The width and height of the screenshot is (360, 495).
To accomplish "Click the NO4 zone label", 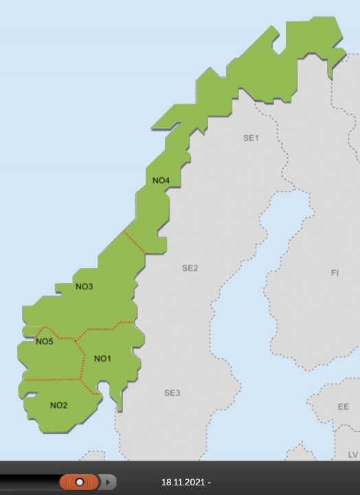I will (161, 181).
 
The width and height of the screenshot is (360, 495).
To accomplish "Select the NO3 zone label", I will (84, 287).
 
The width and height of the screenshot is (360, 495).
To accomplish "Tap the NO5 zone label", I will (44, 342).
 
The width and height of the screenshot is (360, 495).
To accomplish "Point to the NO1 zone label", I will (102, 358).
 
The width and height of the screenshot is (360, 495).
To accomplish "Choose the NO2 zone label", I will (58, 405).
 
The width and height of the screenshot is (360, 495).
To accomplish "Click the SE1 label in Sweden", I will (250, 138).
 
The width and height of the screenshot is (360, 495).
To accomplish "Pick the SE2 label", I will (190, 267).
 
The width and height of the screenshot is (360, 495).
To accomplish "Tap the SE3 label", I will (172, 393).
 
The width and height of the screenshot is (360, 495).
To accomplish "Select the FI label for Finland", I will (335, 273).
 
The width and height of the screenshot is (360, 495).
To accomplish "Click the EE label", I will (343, 407).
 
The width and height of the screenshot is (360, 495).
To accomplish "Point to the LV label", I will (352, 454).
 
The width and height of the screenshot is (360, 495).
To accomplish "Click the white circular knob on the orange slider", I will (80, 482).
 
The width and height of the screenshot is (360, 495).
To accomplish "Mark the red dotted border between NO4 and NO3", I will (133, 242).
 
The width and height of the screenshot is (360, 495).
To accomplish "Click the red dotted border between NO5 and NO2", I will (52, 379).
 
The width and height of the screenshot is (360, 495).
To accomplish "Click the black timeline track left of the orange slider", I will (27, 483).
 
